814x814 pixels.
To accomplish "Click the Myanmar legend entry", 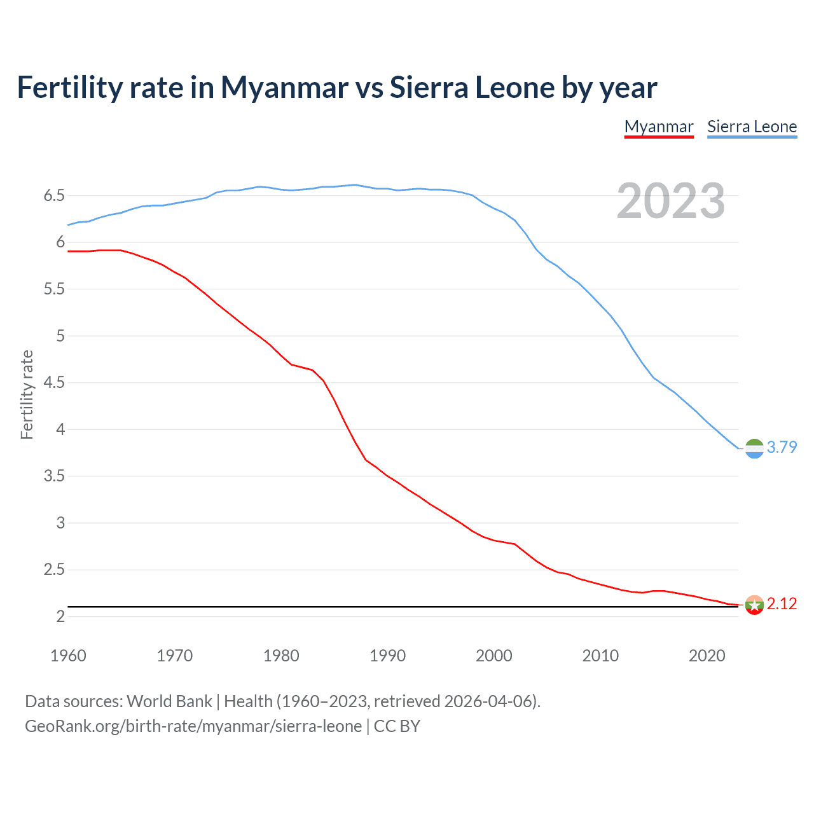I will (658, 127).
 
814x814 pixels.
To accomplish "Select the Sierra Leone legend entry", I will (752, 127).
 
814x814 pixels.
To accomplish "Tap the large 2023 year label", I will (670, 201).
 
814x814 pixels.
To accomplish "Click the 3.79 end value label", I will (782, 447).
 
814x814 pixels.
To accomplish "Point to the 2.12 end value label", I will (782, 604).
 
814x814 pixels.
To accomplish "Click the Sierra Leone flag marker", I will (754, 448).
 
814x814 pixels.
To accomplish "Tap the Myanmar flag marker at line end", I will (754, 605).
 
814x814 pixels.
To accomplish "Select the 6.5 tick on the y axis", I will (55, 195).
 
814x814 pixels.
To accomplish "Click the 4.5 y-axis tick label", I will (55, 382).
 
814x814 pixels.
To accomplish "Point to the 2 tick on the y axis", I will (60, 616).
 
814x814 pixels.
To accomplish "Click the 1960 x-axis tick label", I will (68, 656).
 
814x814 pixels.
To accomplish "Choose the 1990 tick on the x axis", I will (387, 656).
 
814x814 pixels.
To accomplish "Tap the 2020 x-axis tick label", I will (707, 656).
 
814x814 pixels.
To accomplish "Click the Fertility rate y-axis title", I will (27, 394).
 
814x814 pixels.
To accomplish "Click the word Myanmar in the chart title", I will (284, 87).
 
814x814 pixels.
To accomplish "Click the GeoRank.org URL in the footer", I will (193, 726).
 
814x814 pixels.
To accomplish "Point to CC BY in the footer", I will (397, 726).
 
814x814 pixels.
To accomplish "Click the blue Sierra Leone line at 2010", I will (600, 303).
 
